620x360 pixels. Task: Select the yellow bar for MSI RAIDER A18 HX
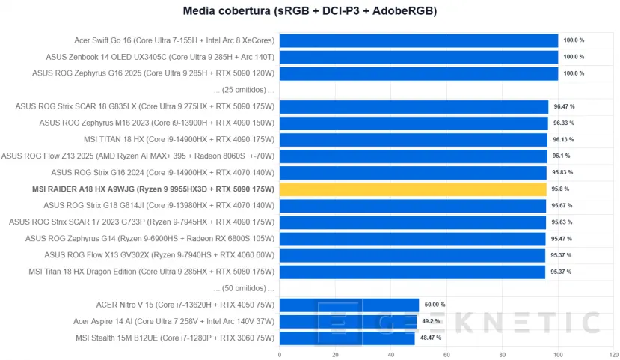pos(413,189)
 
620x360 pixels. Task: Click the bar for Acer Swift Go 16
pos(418,40)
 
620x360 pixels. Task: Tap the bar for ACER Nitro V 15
pos(349,305)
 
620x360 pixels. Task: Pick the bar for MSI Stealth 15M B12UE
pos(346,338)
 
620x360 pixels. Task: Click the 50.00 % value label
pos(435,305)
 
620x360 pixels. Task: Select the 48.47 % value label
pos(430,338)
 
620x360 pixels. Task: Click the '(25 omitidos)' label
pos(244,90)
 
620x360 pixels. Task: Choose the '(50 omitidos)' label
pos(244,288)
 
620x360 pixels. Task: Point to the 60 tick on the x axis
pos(446,355)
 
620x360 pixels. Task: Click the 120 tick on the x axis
pos(613,355)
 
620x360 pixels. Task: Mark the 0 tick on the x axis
pos(279,355)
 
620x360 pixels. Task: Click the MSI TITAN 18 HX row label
pos(179,139)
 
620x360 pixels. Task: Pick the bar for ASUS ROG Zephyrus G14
pos(412,239)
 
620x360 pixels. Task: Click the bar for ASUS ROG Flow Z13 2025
pos(413,156)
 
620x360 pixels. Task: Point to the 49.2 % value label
pos(432,321)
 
